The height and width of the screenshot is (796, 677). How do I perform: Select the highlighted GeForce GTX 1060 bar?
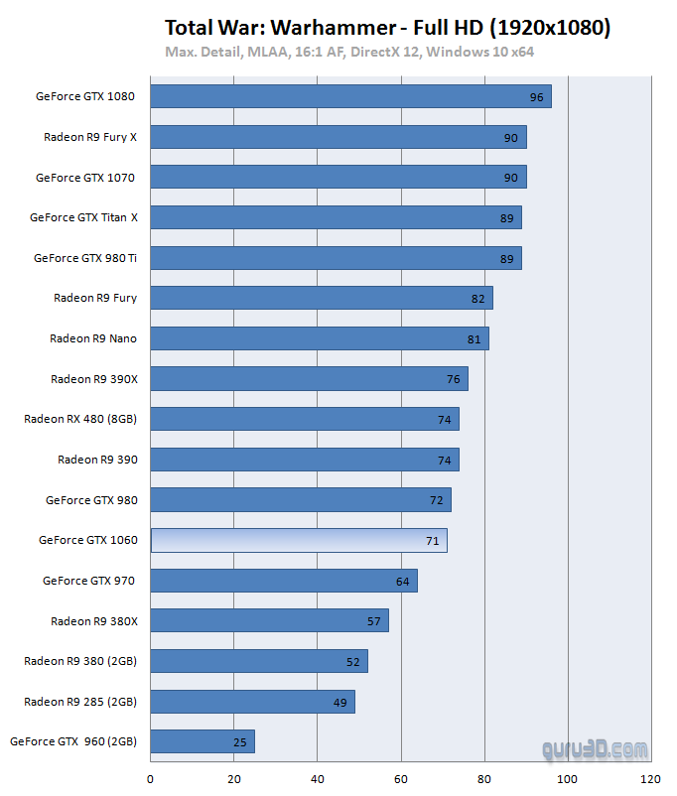(x=299, y=540)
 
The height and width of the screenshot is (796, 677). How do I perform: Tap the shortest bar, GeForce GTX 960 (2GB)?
(x=203, y=741)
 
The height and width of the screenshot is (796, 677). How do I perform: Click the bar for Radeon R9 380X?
(x=269, y=620)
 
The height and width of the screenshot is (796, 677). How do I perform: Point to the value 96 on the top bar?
(x=537, y=98)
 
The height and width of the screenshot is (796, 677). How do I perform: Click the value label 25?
(x=240, y=742)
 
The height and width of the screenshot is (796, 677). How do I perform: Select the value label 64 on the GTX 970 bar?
(x=403, y=581)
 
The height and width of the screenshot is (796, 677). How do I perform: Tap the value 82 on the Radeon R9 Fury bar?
(x=478, y=299)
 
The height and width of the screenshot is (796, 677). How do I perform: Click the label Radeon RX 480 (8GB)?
(x=80, y=419)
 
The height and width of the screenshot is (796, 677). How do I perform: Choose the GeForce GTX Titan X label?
(x=83, y=217)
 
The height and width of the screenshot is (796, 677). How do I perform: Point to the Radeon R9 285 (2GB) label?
(x=80, y=702)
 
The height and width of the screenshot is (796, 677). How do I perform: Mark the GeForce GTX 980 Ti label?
(x=85, y=258)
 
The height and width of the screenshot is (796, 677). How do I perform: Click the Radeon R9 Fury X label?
(x=90, y=137)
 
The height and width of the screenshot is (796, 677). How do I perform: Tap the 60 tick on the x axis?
(x=400, y=778)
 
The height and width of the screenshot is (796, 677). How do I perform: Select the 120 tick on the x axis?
(x=650, y=778)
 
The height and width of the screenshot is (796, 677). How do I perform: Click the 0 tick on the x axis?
(x=151, y=778)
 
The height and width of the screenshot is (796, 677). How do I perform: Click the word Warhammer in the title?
(x=318, y=27)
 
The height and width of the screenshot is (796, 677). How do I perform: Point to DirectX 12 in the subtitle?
(x=380, y=52)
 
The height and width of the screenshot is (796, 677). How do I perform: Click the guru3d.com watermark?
(x=596, y=749)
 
